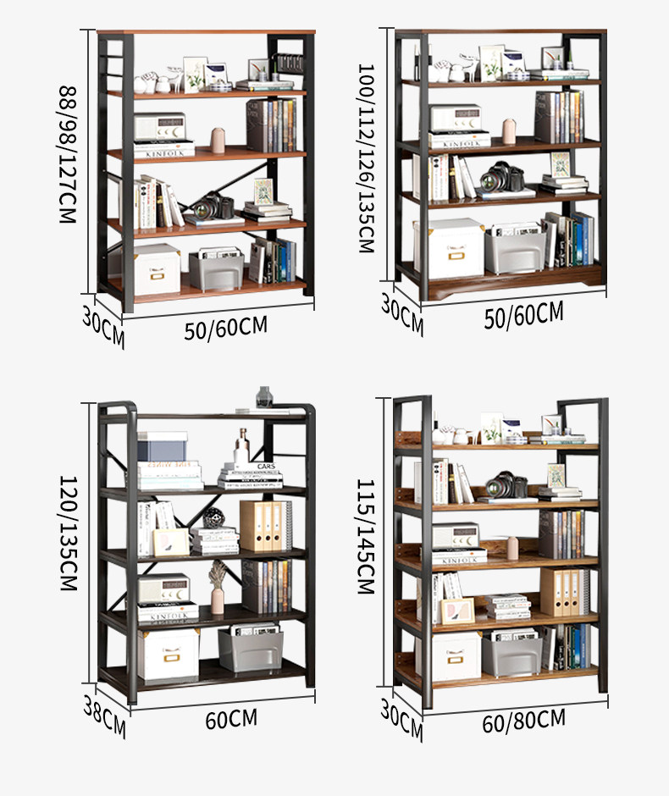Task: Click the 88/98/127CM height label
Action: [x=68, y=153]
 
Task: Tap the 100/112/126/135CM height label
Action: [x=366, y=158]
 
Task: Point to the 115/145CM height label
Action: [x=366, y=537]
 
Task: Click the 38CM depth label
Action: [x=104, y=716]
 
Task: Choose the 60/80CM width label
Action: [x=523, y=721]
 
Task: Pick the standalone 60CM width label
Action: [x=230, y=720]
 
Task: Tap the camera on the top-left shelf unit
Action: [x=214, y=206]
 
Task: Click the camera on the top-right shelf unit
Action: [x=502, y=178]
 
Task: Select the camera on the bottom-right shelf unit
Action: [x=507, y=484]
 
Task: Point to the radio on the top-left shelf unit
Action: [x=159, y=128]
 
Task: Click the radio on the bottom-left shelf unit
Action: [x=164, y=589]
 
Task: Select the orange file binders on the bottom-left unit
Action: [x=262, y=526]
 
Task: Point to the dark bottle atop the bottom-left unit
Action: [x=264, y=396]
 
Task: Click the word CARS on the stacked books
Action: [x=266, y=467]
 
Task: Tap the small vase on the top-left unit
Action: [x=218, y=140]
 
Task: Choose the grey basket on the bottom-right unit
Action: [x=511, y=655]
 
